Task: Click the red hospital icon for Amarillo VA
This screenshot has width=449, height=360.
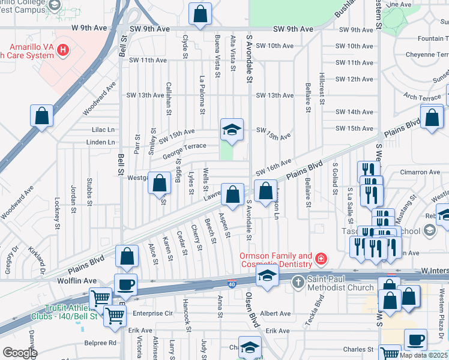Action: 64,49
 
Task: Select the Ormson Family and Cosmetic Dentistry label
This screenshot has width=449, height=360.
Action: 276,260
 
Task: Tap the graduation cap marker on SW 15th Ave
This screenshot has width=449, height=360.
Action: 232,129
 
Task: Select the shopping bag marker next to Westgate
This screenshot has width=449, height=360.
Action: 160,183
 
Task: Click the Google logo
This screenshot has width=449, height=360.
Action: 20,353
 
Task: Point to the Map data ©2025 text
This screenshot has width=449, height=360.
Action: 423,355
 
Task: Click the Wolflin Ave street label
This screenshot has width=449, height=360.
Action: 77,280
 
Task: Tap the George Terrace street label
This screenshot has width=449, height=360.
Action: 184,146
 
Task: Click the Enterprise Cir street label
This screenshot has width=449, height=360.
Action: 152,313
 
